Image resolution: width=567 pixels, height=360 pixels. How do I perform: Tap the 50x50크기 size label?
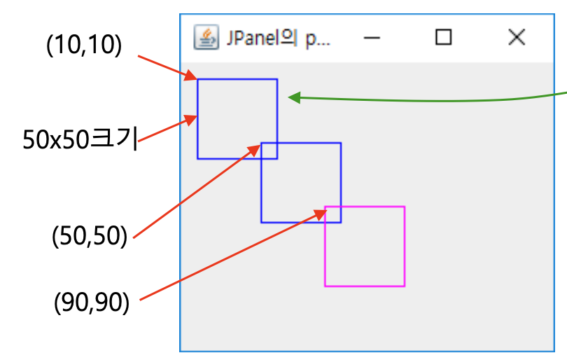(79, 139)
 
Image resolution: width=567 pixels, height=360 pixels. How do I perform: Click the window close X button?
(516, 38)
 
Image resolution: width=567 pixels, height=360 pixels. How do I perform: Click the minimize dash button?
(372, 38)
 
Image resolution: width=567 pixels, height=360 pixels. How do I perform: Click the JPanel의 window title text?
(277, 38)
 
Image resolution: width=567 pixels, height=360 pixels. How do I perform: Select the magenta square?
(365, 247)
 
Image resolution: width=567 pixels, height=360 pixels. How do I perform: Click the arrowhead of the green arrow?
(294, 98)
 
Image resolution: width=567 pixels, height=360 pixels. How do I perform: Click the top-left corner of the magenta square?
(325, 207)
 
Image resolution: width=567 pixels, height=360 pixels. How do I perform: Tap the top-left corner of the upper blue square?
(197, 79)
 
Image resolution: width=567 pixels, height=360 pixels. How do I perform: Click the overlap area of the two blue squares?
(269, 151)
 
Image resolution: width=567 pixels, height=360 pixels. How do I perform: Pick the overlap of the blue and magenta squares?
(333, 214)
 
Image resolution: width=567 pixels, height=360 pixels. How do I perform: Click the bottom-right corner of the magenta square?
(405, 286)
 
